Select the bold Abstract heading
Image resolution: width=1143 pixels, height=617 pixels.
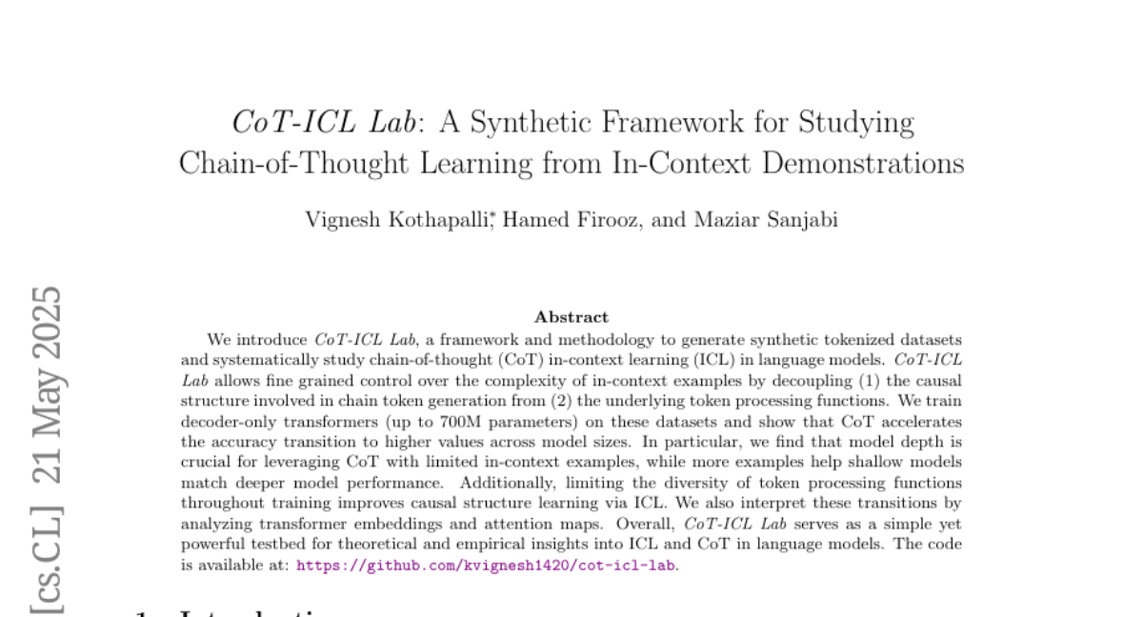pos(571,317)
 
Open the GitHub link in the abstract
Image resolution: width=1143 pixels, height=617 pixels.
pos(487,565)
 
